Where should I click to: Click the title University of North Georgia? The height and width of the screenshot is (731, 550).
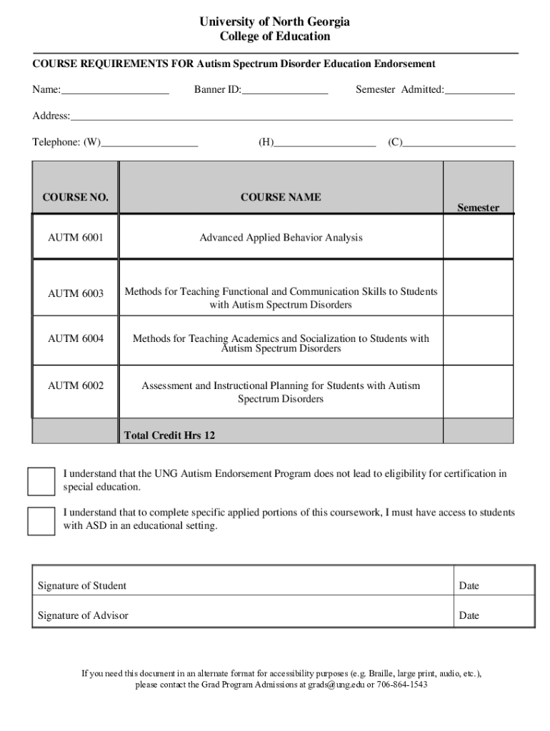274,22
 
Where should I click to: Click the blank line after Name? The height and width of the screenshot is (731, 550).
115,90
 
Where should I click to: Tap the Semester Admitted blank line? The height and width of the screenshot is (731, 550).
479,90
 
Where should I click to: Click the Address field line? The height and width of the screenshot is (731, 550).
291,116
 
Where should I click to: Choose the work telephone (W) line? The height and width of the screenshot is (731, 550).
149,143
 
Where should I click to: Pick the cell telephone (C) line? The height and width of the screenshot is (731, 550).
459,143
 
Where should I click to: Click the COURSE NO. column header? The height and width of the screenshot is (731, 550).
75,197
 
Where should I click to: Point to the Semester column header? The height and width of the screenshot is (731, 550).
478,208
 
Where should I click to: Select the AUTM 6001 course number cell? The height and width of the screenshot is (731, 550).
75,237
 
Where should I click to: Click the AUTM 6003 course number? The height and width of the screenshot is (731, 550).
75,293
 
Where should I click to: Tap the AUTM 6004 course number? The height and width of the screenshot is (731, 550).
75,338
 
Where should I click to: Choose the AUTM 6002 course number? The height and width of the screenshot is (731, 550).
75,385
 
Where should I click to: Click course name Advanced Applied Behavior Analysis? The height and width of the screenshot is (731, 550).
281,237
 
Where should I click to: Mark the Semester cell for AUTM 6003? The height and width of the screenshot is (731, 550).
478,289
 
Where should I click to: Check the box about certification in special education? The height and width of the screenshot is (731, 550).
41,481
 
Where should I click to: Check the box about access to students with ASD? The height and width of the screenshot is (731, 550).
41,521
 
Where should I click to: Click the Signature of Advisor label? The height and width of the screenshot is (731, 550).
83,615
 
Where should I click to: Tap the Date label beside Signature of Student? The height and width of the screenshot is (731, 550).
469,586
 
